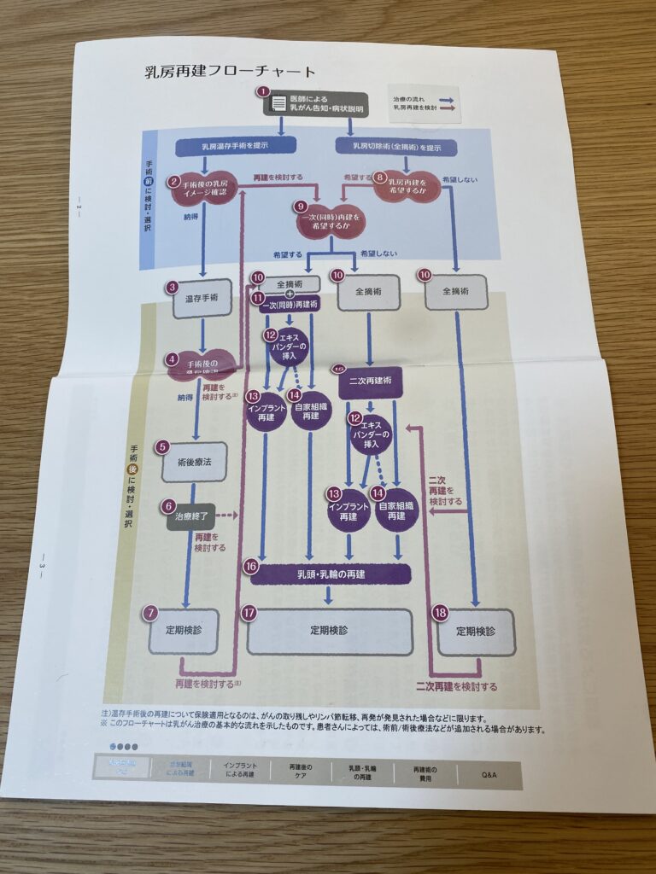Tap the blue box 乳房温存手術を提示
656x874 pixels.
[228, 146]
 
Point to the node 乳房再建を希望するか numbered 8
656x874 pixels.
[407, 185]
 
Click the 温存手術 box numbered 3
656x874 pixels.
[202, 299]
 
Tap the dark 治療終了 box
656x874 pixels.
[190, 516]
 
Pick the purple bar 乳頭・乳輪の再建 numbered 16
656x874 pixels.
[331, 574]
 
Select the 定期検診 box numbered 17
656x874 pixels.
[328, 630]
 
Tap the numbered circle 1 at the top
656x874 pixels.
[263, 90]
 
